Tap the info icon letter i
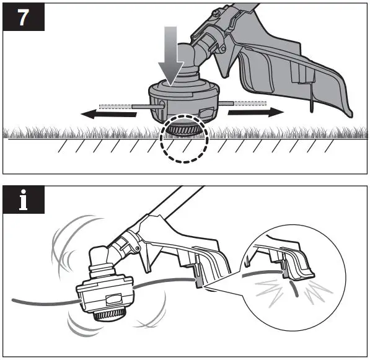click(x=24, y=201)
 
